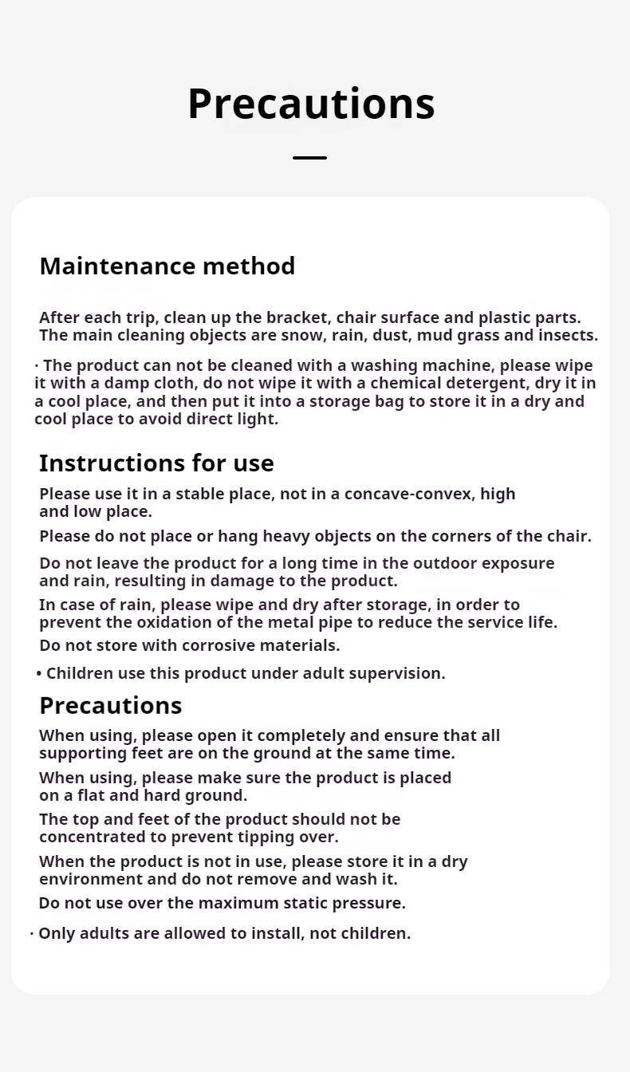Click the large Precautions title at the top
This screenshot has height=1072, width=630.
pos(311,104)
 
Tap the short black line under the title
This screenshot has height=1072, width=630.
pos(309,158)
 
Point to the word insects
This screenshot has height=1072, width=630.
pos(567,335)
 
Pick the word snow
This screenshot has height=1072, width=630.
pos(301,335)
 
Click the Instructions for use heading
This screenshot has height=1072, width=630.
pos(156,463)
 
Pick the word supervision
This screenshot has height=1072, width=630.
pos(396,673)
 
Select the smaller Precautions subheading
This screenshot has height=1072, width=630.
pos(110,706)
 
